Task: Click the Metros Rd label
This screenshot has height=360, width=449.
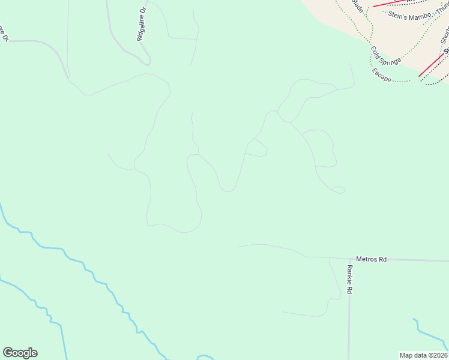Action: [371, 259]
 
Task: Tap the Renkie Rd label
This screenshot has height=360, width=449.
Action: [349, 280]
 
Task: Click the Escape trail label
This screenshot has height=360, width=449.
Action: [381, 76]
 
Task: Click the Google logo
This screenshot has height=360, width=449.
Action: [20, 353]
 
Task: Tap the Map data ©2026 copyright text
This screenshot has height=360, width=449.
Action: [423, 355]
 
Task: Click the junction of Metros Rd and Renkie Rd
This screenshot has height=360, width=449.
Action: [349, 259]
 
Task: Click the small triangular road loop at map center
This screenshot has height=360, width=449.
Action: [258, 148]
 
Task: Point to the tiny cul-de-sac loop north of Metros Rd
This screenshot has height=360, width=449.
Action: [339, 190]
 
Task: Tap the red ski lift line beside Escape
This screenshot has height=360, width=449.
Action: [431, 65]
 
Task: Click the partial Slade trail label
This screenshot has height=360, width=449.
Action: [358, 7]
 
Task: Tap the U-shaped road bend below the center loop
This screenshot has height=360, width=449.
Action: [227, 190]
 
